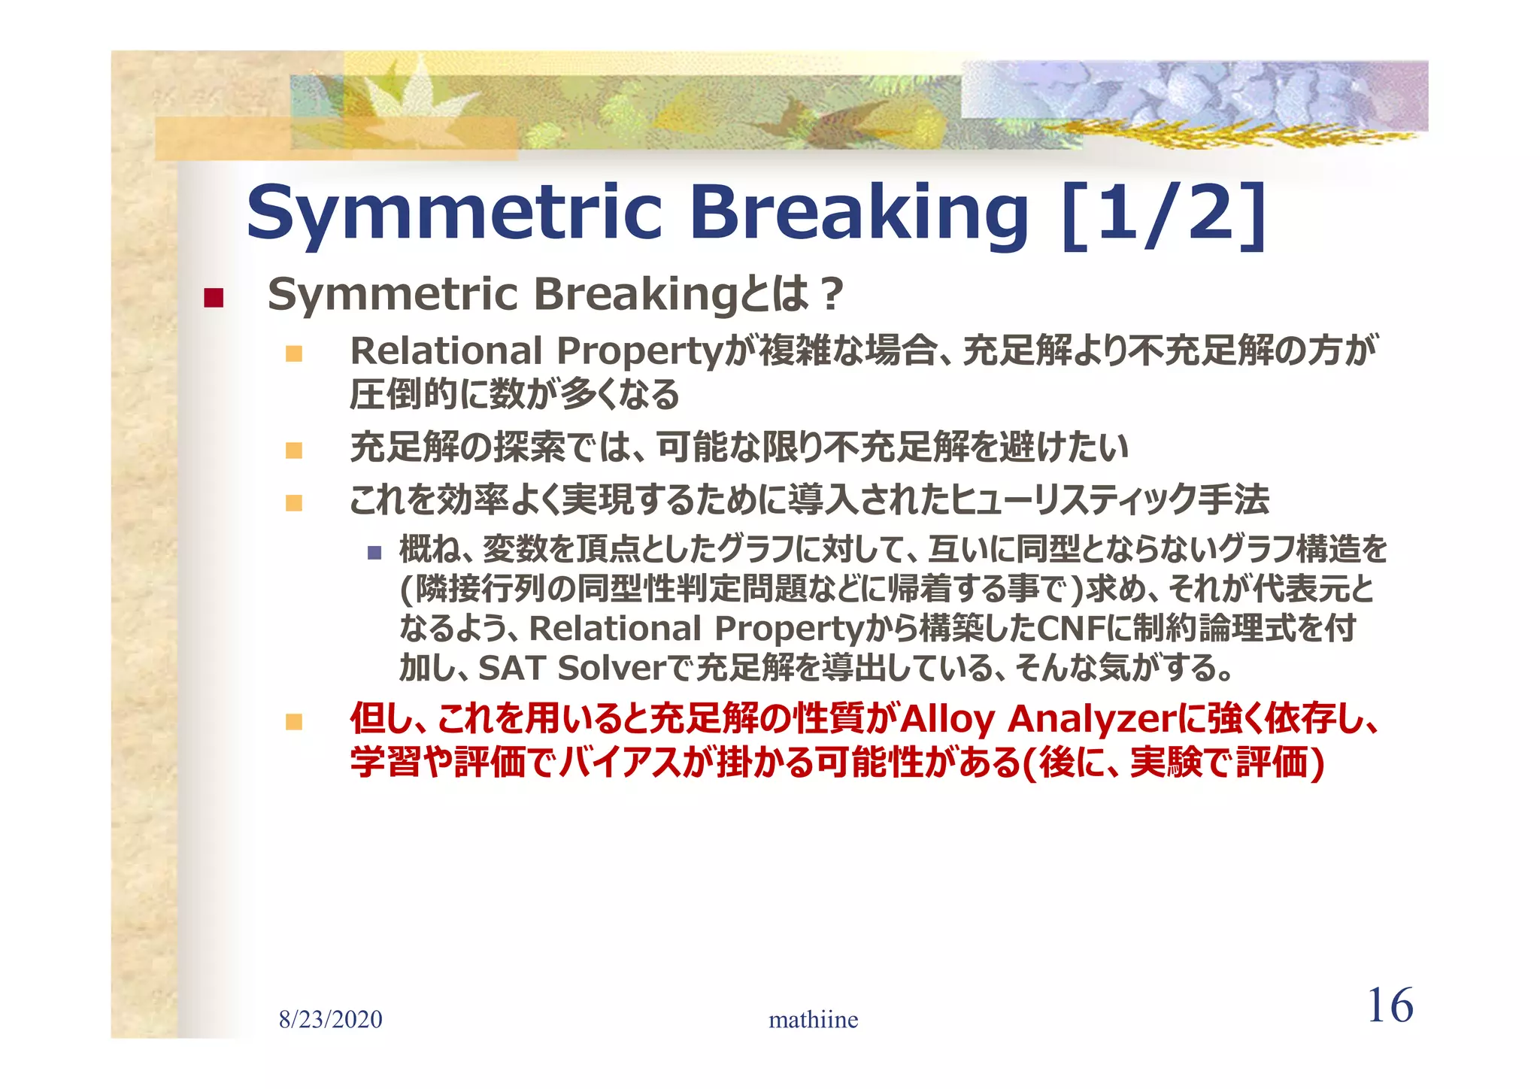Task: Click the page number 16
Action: (x=1390, y=1006)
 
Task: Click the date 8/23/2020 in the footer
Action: (x=330, y=1020)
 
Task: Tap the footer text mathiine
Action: (x=813, y=1020)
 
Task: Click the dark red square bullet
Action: (x=214, y=298)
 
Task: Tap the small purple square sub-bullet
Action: (x=374, y=554)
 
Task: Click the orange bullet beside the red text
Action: (x=294, y=722)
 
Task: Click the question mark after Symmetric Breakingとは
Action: (x=831, y=295)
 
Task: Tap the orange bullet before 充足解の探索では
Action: (x=294, y=450)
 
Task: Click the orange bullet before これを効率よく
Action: (x=294, y=502)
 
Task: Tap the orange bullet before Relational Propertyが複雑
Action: (x=294, y=353)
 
